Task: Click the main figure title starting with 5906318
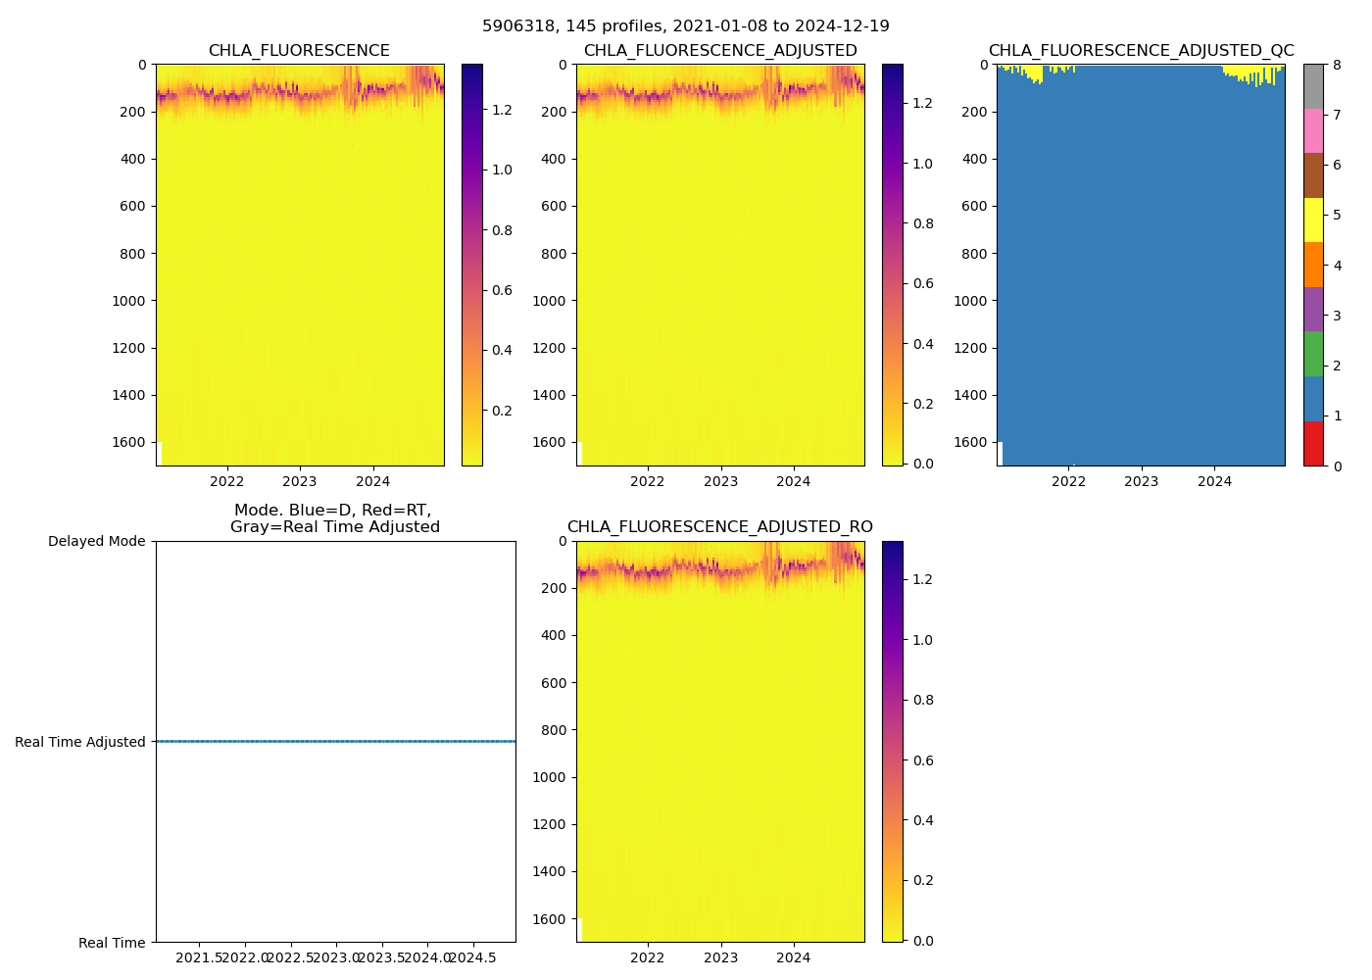point(686,26)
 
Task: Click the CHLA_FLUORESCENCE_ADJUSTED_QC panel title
point(1141,51)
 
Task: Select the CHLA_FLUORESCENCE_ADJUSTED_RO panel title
point(719,527)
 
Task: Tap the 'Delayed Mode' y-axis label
point(96,541)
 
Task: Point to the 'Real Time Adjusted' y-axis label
point(80,742)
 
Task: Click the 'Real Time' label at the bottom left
point(112,943)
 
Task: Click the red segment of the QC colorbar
point(1313,443)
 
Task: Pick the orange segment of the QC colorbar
point(1313,265)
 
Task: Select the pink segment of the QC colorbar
point(1313,130)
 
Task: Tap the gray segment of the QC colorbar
point(1313,86)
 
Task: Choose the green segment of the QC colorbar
point(1313,354)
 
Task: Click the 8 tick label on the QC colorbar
point(1336,65)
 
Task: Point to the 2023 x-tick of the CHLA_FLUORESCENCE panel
point(300,481)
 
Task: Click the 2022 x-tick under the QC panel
point(1068,481)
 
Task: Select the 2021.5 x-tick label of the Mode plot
point(200,957)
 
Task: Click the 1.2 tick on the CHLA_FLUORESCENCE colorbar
point(502,110)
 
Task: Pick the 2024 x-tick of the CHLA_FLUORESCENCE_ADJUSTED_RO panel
point(794,957)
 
